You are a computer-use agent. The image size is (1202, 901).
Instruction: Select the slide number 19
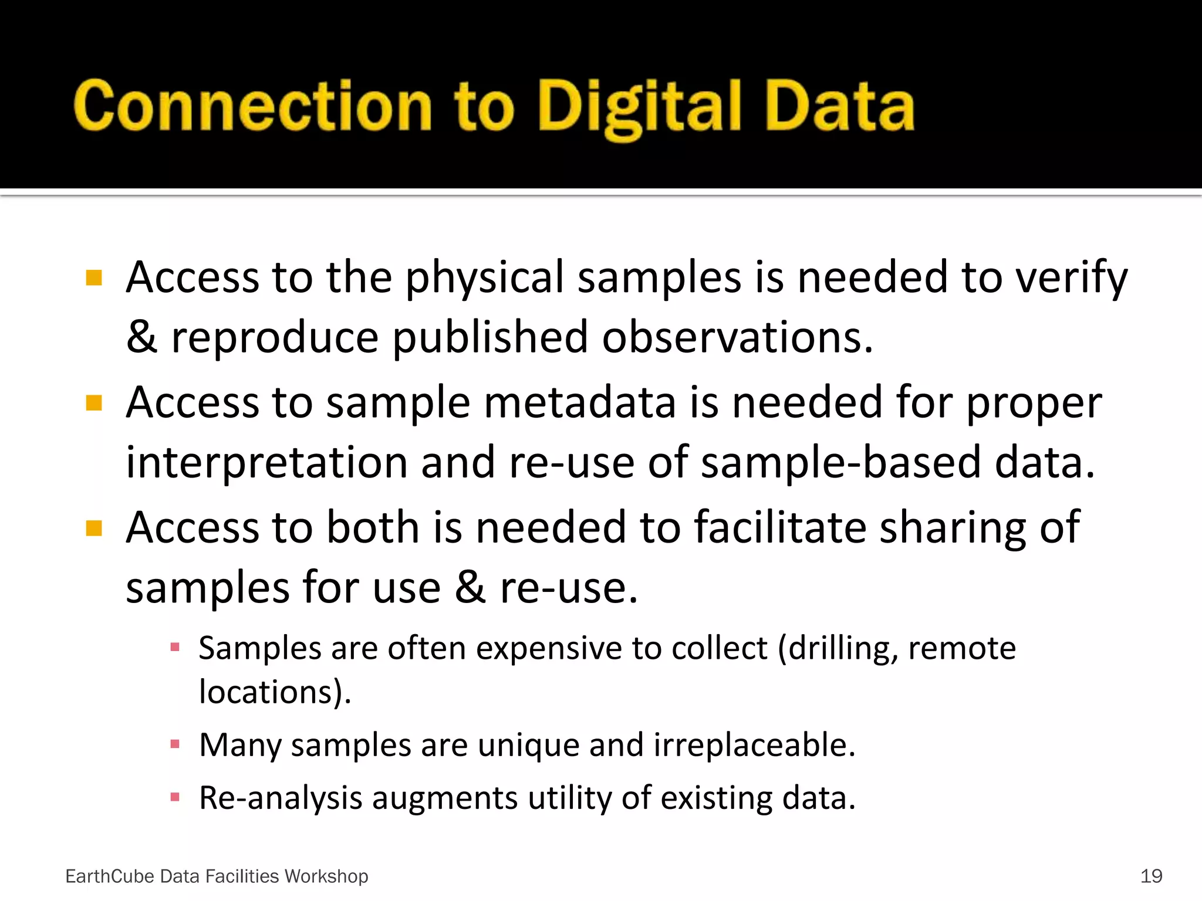pos(1151,876)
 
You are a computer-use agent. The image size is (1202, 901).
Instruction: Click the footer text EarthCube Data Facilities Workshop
pos(217,876)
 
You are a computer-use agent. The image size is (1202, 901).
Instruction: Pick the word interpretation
pos(266,463)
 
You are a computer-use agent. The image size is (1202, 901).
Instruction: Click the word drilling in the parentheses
pos(842,649)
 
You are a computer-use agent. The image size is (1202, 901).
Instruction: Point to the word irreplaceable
pos(754,746)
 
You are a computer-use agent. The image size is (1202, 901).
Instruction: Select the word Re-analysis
pos(281,799)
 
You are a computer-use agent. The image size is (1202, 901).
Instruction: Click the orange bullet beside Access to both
pos(94,529)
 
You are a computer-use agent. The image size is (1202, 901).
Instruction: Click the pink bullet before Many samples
pos(174,744)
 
